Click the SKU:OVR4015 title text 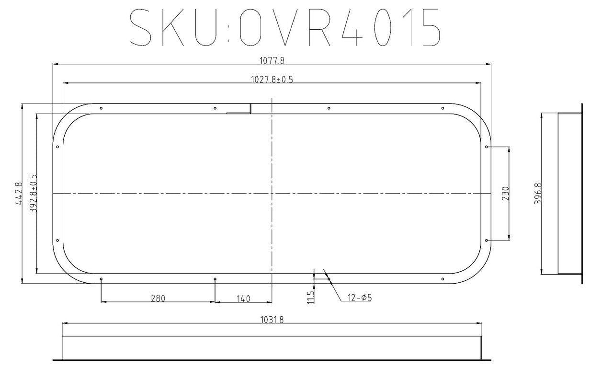(285, 27)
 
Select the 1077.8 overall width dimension (272, 60)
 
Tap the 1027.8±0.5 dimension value (272, 80)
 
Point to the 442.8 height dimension (19, 194)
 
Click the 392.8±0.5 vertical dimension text (33, 194)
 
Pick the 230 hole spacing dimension (506, 194)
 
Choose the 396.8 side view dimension (538, 194)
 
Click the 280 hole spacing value (158, 298)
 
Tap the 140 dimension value (243, 299)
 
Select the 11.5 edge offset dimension (310, 297)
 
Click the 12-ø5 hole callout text (360, 298)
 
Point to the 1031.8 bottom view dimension (272, 320)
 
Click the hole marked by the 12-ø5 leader (329, 279)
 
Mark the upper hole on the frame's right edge (486, 147)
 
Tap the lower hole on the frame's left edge (57, 241)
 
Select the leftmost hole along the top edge (101, 108)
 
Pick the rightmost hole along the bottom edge (443, 279)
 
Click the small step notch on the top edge (250, 109)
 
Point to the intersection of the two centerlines (272, 194)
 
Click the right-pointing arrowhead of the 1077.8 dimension (488, 64)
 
